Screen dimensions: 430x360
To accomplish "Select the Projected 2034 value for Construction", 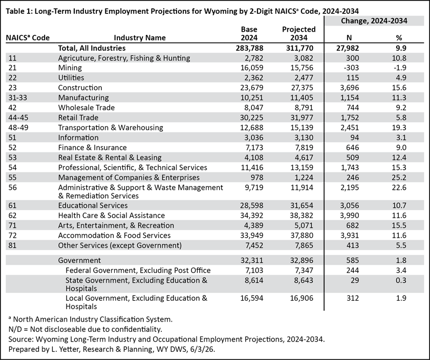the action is [302, 87].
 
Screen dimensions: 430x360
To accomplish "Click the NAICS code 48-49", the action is [18, 128].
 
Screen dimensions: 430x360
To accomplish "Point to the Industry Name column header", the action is [140, 38].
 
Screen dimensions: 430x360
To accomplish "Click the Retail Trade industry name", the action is [78, 118].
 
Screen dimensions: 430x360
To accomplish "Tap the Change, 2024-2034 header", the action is [374, 21].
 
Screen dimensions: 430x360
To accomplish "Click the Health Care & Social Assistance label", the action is [112, 215].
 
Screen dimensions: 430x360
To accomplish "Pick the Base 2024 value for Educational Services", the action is [251, 206].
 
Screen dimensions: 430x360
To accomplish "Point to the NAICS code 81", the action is [12, 245].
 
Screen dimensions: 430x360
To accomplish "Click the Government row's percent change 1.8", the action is [401, 260].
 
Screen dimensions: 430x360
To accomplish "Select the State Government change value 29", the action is [355, 280].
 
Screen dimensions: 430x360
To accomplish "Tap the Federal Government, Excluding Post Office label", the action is [138, 271].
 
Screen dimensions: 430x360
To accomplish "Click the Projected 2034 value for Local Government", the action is [302, 298].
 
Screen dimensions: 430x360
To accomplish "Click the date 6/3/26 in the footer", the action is [207, 349].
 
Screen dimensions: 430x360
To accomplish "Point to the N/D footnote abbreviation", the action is [15, 329].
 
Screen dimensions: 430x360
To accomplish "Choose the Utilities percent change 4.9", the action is [401, 78].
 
